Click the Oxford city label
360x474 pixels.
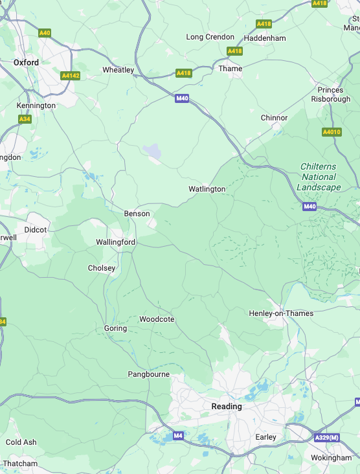[x=26, y=63]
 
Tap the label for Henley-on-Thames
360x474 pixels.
[x=281, y=313]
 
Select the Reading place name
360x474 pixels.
[x=227, y=407]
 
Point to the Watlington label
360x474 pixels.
[x=207, y=189]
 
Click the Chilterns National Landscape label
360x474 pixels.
[x=318, y=177]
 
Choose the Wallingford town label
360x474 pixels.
[x=115, y=242]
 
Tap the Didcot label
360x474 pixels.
[x=36, y=230]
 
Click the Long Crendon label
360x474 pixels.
[x=210, y=37]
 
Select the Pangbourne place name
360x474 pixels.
[x=148, y=374]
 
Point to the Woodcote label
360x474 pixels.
[x=157, y=319]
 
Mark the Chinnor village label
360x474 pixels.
[x=274, y=118]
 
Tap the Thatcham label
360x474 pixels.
[x=20, y=464]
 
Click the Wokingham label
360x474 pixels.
[x=331, y=458]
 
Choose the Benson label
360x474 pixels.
[x=137, y=214]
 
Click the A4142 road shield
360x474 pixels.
[x=70, y=76]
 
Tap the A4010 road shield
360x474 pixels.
[x=332, y=132]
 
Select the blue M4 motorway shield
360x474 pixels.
[x=178, y=436]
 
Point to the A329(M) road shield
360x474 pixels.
[x=327, y=438]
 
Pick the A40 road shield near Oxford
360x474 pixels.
[x=45, y=32]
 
